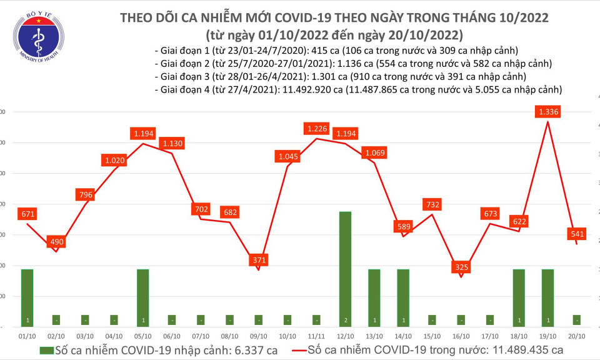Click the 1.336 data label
coord(548,112)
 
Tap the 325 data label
coord(461,267)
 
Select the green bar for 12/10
coord(345,269)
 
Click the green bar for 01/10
coord(27,297)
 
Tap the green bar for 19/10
coord(547,297)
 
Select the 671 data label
coord(27,214)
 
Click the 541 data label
coord(576,234)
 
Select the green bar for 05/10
coord(142,297)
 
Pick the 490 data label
coord(56,242)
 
